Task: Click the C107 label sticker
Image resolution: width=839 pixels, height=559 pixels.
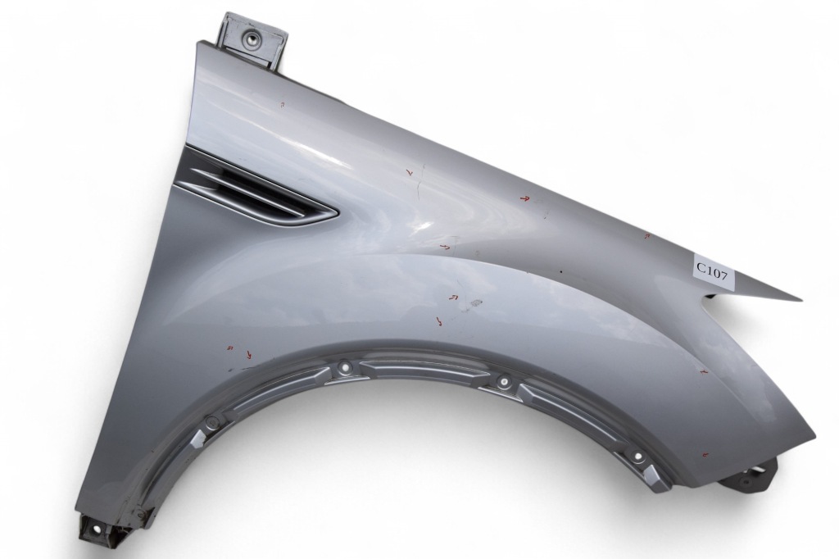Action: [714, 270]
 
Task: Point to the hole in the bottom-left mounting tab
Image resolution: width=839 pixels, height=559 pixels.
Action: [98, 530]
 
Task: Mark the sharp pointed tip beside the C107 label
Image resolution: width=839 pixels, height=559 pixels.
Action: [802, 300]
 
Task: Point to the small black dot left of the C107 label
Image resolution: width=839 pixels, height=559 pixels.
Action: [560, 272]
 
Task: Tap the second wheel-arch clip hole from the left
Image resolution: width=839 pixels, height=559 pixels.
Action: [345, 368]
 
